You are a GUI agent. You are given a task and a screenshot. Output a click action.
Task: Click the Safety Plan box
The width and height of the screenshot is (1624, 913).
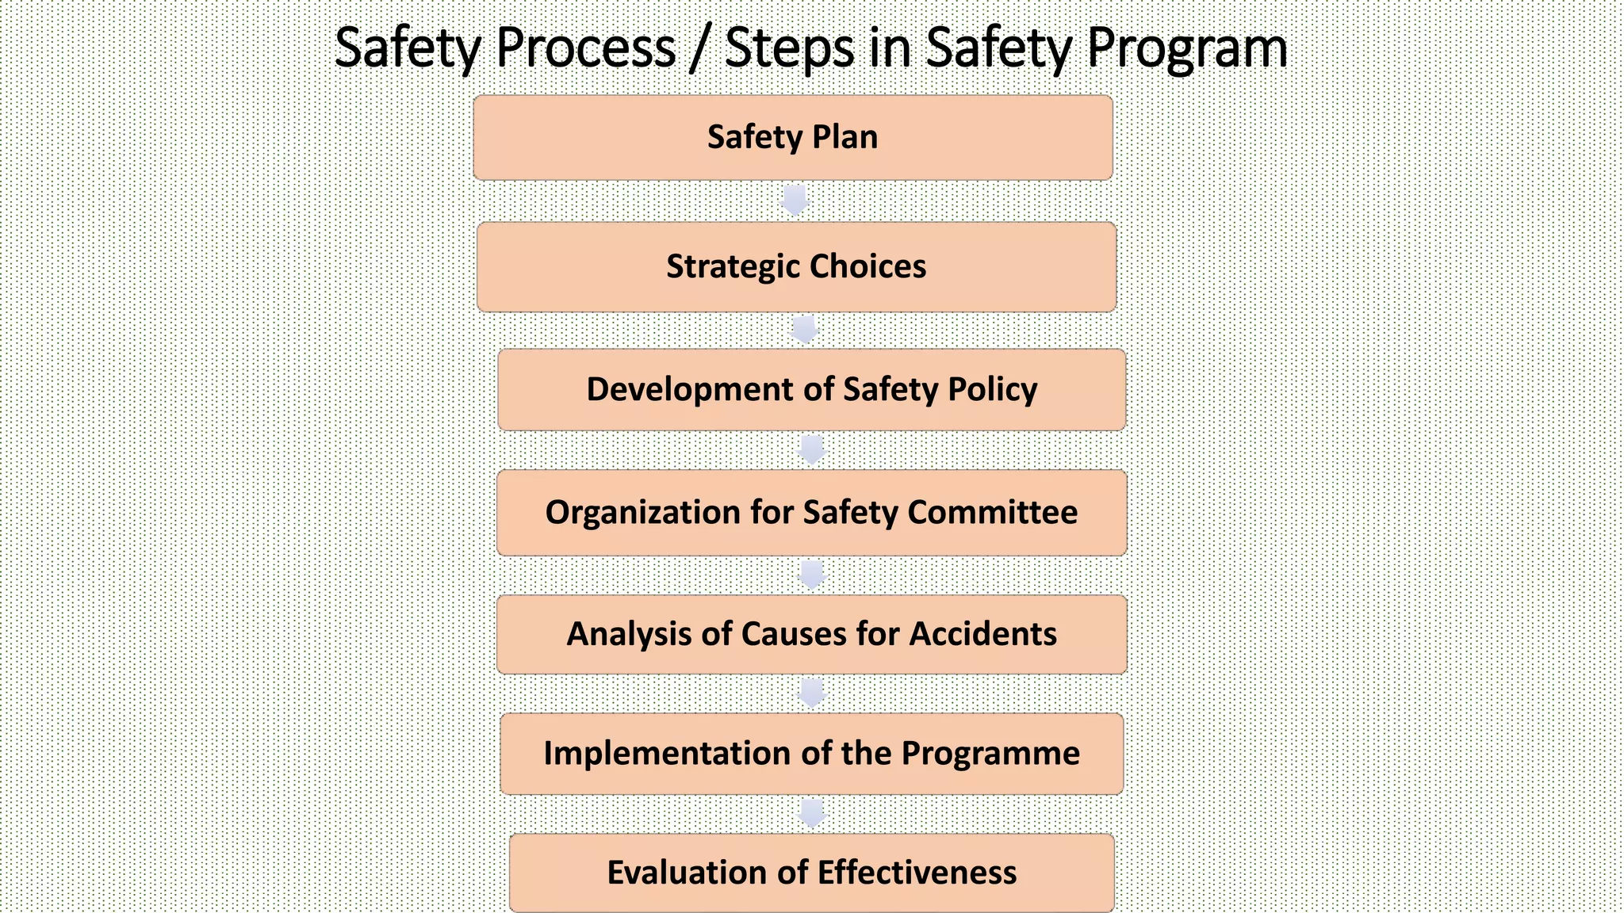click(x=793, y=138)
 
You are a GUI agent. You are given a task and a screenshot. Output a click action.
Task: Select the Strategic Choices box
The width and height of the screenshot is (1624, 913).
click(x=796, y=267)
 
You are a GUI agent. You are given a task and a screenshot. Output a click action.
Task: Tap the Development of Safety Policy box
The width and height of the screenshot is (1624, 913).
click(x=811, y=390)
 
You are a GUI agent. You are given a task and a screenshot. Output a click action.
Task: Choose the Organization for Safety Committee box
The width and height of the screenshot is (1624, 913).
click(x=811, y=513)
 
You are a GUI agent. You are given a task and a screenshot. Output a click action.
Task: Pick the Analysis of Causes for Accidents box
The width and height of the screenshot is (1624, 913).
click(x=811, y=635)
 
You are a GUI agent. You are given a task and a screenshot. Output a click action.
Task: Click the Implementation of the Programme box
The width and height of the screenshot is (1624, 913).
click(x=811, y=754)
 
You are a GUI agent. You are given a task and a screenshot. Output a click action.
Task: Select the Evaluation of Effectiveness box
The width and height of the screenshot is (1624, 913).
click(x=811, y=873)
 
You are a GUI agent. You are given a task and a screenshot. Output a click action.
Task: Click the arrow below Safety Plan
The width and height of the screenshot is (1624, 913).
click(x=795, y=201)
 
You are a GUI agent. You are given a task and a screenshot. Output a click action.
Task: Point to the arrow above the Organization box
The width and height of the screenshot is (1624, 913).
click(x=812, y=450)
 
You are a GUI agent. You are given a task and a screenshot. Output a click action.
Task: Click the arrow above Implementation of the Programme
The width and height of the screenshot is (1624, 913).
click(x=812, y=693)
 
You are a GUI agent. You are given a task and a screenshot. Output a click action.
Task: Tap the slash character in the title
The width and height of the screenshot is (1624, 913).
click(x=699, y=49)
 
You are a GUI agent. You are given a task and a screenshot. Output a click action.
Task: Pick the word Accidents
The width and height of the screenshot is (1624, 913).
click(x=982, y=635)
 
